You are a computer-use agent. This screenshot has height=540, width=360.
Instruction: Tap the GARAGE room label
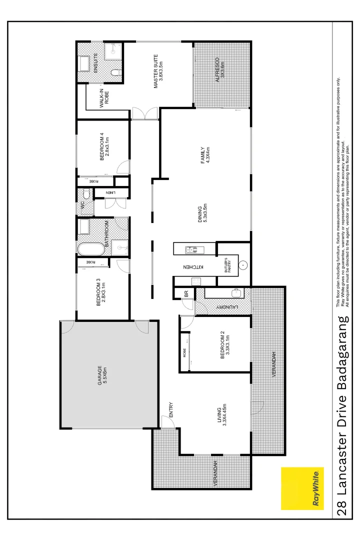click(102, 376)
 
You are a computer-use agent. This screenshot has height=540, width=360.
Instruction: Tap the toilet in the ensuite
click(116, 73)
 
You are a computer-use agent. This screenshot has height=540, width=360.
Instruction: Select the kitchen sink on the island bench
click(191, 249)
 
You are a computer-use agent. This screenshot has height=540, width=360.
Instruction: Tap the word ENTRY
click(171, 410)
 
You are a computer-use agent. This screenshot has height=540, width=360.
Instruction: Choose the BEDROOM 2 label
click(224, 345)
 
